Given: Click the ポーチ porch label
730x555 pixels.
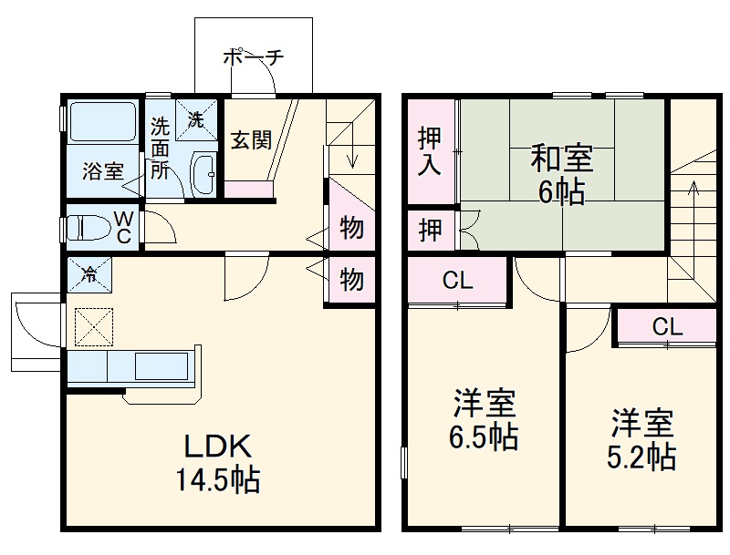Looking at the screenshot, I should tap(253, 57).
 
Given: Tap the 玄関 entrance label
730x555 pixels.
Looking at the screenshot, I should tap(249, 140).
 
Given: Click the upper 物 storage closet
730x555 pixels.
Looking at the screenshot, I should tap(350, 227).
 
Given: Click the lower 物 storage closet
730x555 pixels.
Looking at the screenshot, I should tap(350, 279).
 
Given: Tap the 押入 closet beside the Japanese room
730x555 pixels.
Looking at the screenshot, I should tap(431, 151).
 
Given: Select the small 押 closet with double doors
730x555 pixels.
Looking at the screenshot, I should tap(431, 230).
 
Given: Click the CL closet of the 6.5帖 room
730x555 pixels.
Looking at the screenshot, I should tap(457, 282).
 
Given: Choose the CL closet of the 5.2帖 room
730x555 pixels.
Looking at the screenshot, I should tap(666, 326).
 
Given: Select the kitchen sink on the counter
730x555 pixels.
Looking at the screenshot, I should tap(161, 367).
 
